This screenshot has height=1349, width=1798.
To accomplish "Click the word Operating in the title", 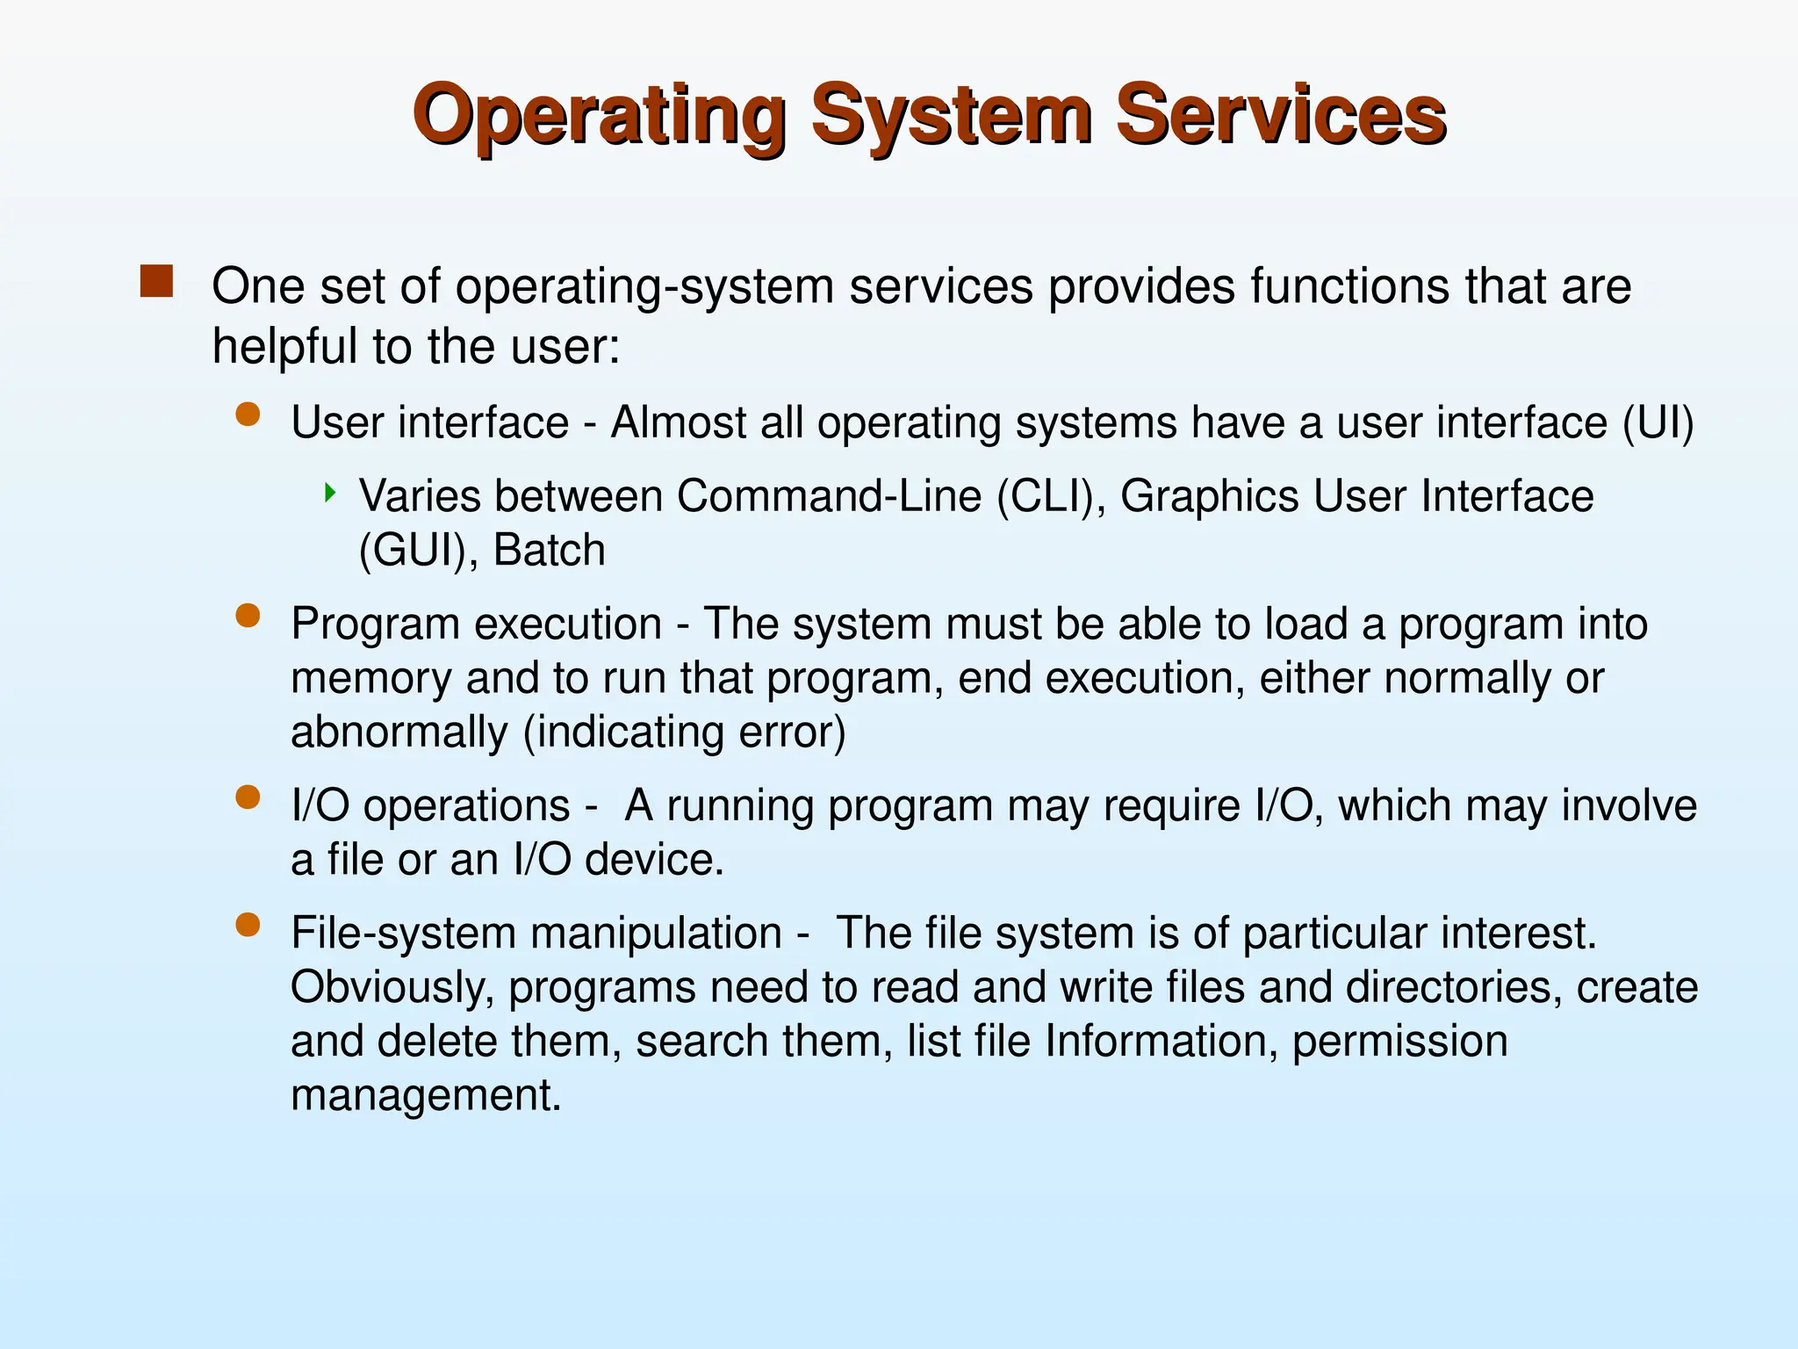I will tap(599, 116).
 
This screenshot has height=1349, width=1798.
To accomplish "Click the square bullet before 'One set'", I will tap(156, 282).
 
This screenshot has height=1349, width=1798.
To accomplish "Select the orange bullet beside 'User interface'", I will tap(248, 415).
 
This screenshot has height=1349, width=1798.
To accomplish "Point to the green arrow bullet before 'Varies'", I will tap(330, 492).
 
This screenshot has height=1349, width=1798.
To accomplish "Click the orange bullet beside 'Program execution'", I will tap(248, 616).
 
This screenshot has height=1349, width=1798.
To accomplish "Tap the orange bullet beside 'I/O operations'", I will tap(248, 797).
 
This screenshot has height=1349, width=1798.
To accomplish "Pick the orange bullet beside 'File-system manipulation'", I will tap(248, 925).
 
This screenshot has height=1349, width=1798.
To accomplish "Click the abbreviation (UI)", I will tap(1658, 423).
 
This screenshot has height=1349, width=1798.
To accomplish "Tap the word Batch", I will tap(550, 551).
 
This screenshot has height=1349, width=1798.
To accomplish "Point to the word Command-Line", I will tap(829, 496).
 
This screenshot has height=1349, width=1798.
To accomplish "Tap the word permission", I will tap(1399, 1042).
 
